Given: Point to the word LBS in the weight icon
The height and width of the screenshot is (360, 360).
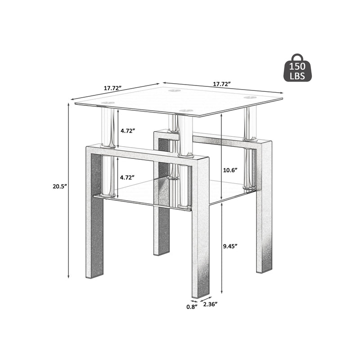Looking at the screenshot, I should tap(297, 76).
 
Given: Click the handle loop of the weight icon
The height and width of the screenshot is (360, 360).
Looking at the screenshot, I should tap(297, 57).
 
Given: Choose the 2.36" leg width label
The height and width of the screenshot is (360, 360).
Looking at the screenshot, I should tap(210, 305).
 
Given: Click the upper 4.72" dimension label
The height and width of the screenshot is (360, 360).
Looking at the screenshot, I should tap(127, 130).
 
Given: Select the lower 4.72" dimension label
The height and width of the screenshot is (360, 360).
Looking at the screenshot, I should tap(127, 178).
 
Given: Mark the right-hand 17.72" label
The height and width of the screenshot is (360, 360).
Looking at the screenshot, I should tap(222, 84).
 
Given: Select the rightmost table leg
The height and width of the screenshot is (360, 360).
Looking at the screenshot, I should tap(264, 225).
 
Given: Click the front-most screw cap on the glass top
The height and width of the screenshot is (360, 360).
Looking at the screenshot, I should tap(184, 109).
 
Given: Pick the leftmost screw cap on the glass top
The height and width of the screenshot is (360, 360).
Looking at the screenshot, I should tap(107, 103).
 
